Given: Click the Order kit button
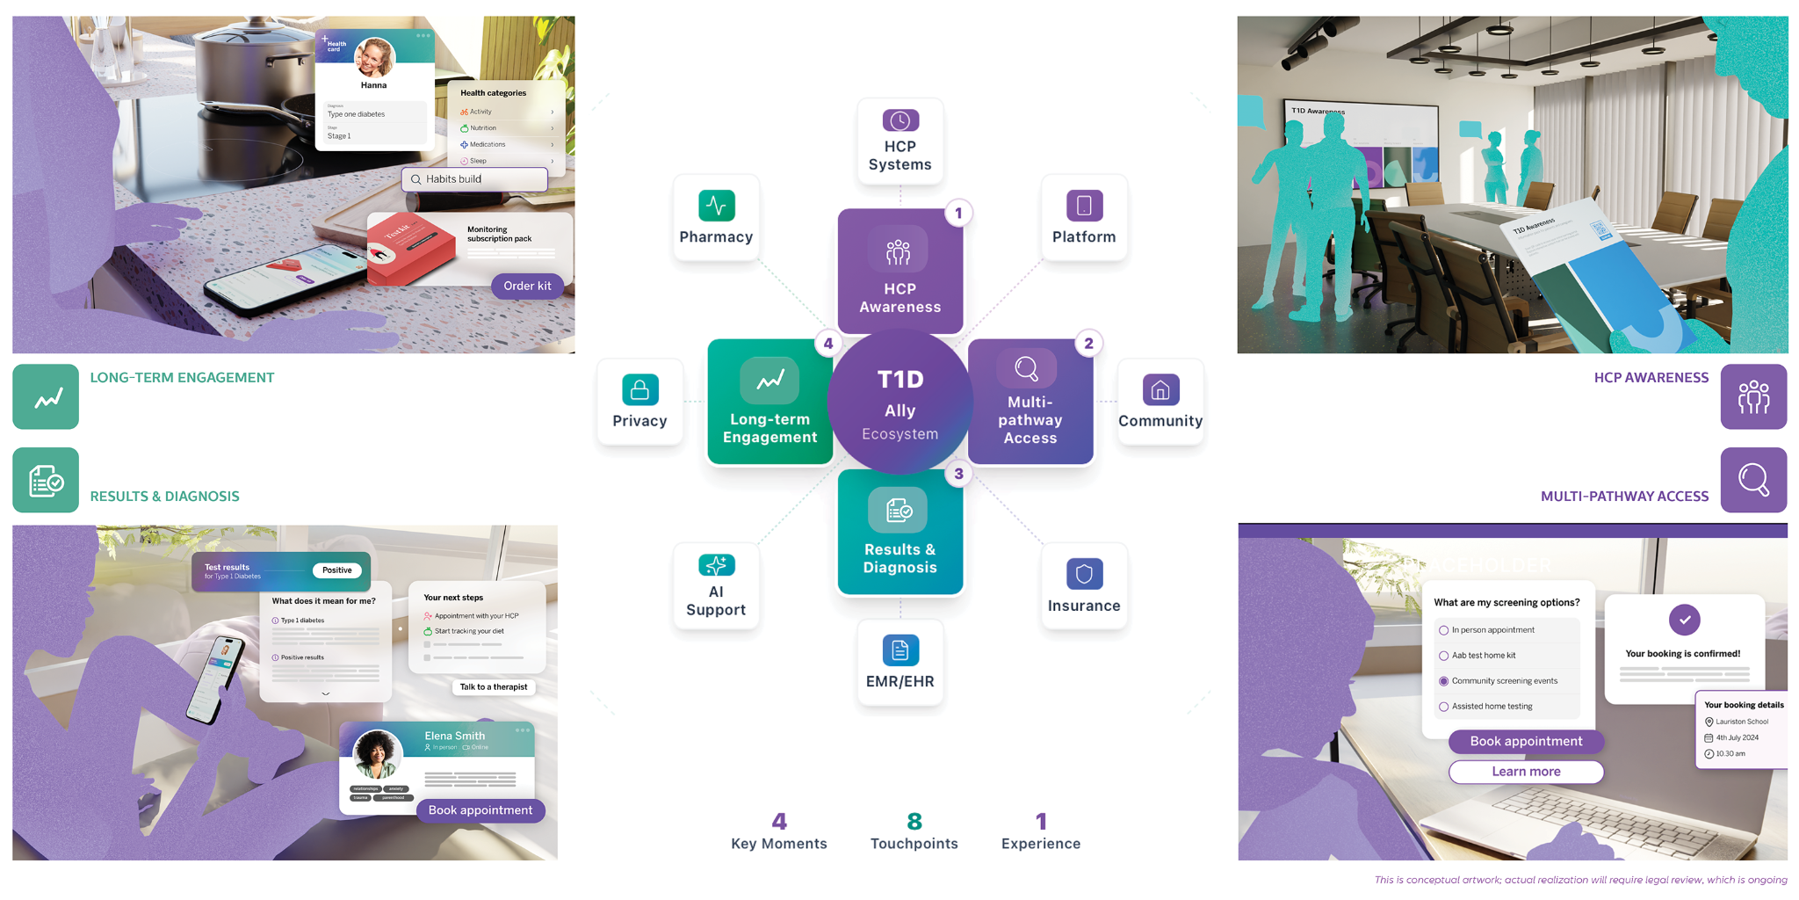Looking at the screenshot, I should click(527, 286).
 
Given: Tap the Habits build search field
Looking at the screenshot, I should click(474, 179).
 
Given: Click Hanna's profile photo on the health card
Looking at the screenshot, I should click(374, 57).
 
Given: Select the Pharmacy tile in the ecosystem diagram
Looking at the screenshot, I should click(716, 217).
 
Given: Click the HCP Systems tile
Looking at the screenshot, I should click(899, 141).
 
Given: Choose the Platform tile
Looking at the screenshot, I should click(1084, 217).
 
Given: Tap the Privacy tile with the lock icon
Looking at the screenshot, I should click(639, 402).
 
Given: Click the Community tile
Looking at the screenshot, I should click(1160, 402).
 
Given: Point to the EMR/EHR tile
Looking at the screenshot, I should click(899, 662).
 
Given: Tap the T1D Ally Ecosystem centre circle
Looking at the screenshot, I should click(899, 403).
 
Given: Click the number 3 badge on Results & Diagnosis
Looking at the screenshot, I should click(958, 474).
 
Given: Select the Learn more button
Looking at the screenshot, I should click(1526, 772).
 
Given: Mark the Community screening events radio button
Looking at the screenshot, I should click(1443, 681).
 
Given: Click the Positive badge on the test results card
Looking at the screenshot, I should click(336, 570).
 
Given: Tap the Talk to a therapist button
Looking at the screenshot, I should click(493, 687).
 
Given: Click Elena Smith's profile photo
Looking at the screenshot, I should click(378, 754).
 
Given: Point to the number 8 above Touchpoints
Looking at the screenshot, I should click(914, 821).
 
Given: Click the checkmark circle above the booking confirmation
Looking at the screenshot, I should click(1684, 620).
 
